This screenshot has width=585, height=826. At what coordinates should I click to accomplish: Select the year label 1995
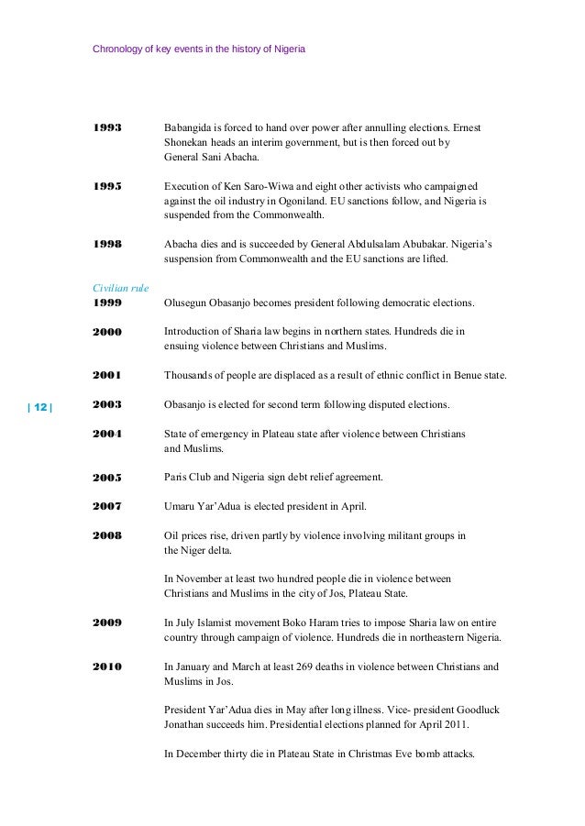107,185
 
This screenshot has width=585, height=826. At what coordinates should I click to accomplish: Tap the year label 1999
107,302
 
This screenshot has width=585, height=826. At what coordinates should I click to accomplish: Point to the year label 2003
107,404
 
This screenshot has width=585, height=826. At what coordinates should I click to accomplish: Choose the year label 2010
107,667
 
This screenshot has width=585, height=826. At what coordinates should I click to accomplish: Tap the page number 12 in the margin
40,405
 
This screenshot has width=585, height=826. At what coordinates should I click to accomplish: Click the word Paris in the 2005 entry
175,478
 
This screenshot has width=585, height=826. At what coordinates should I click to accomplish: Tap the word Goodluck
476,711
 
